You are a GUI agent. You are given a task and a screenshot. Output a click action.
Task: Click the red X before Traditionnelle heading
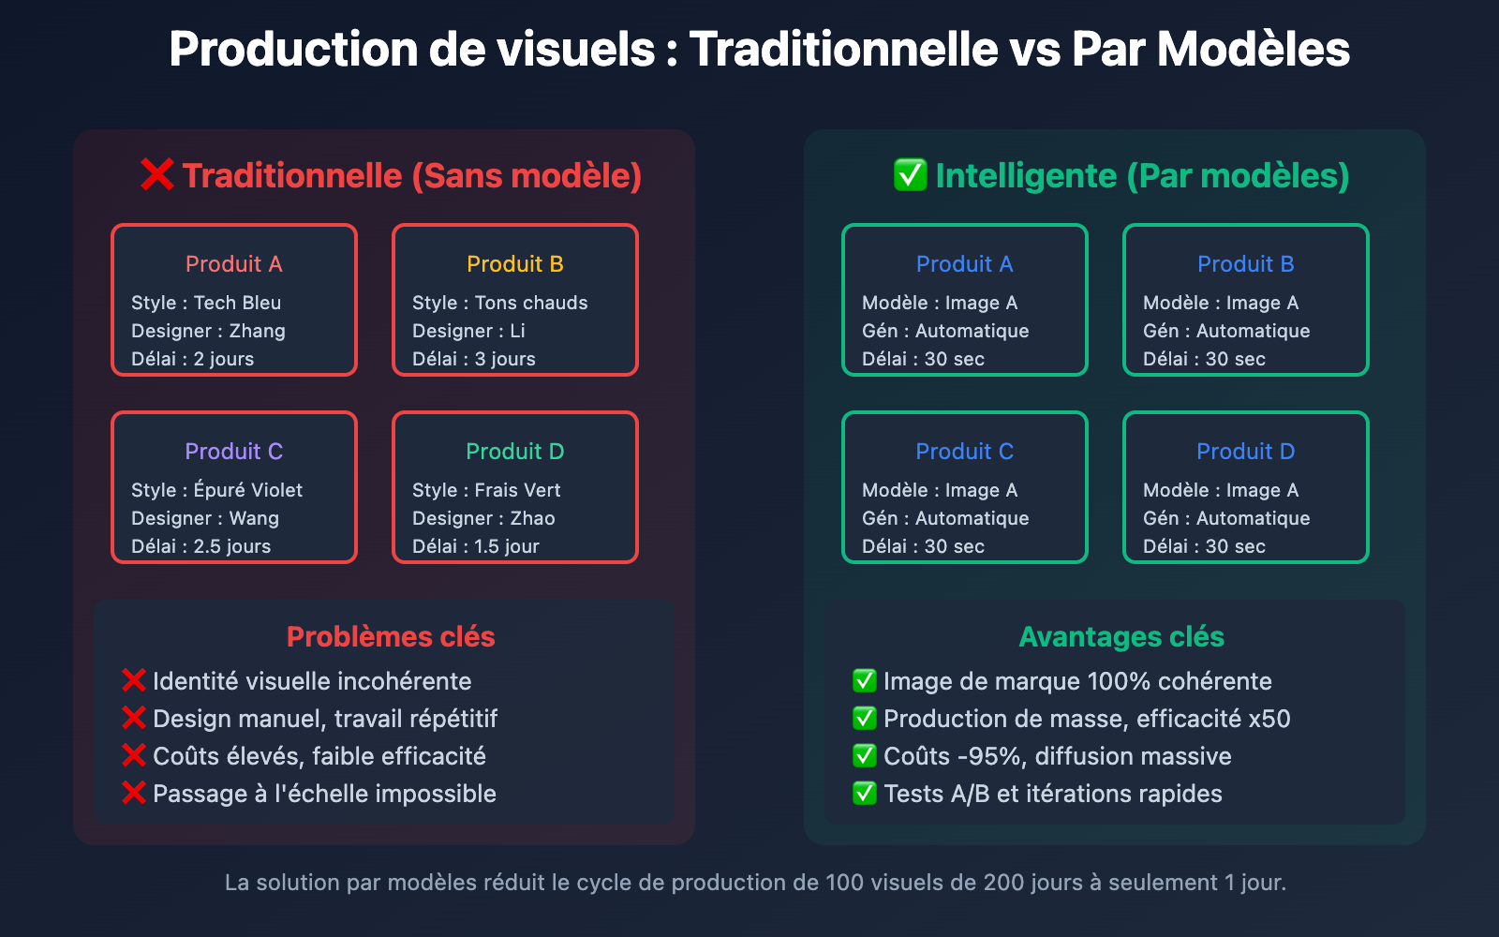coord(157,174)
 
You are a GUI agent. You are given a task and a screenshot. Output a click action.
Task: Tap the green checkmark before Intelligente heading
coord(910,174)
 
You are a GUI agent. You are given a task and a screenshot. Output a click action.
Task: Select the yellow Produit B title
coord(514,263)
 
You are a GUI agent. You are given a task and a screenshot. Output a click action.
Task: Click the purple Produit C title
coord(233,451)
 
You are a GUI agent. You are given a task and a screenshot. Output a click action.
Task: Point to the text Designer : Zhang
coord(208,331)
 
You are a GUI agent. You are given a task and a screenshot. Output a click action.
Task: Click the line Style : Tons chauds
coord(500,303)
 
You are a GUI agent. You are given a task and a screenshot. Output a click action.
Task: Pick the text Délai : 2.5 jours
coord(200,546)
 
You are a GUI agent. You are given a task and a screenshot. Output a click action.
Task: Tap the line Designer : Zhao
coord(483,518)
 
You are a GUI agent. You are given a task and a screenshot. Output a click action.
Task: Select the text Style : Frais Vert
coord(486,490)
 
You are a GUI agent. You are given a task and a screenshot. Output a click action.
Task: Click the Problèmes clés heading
coord(391,636)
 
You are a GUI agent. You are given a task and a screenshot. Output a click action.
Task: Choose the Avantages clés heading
coord(1121,636)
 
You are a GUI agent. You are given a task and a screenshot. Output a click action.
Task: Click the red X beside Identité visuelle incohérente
coord(134,680)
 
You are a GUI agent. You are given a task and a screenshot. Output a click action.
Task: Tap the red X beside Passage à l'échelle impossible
coord(134,793)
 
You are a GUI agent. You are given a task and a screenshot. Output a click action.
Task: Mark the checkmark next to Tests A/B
coord(865,793)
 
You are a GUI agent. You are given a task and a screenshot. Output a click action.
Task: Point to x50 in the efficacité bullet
coord(1269,719)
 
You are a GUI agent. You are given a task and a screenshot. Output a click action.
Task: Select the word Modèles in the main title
coord(1254,49)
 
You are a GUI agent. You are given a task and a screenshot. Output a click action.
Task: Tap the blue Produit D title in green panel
coord(1245,451)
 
